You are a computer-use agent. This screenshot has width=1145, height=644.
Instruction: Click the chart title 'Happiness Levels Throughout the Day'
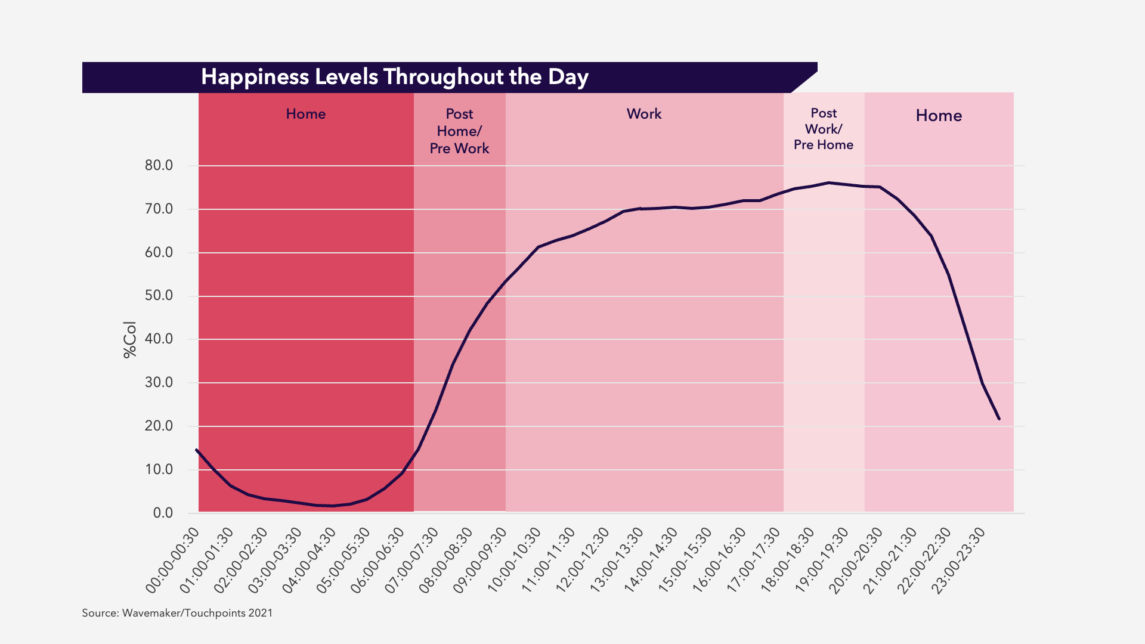coord(395,78)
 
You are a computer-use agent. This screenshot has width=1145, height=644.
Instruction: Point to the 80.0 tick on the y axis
coord(159,166)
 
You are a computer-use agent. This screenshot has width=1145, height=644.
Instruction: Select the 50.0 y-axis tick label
coord(159,296)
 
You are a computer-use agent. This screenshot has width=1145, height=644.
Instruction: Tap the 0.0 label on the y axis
coord(163,513)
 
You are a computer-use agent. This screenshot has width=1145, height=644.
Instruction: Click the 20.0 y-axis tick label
coord(159,426)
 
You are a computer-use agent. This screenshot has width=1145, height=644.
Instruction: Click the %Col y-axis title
coord(129,339)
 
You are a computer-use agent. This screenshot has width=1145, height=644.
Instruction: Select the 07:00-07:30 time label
coord(412,561)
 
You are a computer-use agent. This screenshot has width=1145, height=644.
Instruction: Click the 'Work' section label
coord(644,114)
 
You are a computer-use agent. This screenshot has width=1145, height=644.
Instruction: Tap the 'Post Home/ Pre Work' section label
coord(459,131)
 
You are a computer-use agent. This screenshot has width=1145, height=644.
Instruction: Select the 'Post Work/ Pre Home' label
coord(824,129)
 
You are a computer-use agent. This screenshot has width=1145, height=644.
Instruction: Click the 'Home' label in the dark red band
coord(306,114)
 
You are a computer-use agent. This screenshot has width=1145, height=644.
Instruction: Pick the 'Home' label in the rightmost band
coord(939,116)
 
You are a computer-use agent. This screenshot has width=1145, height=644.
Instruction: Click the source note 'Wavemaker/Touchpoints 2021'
coord(177,613)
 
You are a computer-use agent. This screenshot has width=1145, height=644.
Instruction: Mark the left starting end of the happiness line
coord(197,450)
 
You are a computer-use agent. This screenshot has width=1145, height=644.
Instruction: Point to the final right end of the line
coord(999,419)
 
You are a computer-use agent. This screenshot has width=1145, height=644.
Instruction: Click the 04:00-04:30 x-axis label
coord(310,561)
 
